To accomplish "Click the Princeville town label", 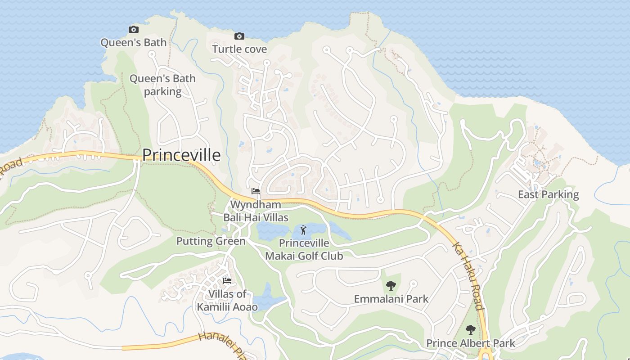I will click(181, 155).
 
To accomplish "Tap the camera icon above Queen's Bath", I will click(134, 30).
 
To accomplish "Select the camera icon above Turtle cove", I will click(239, 36).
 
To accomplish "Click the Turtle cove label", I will click(239, 49).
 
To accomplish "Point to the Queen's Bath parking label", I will click(162, 85).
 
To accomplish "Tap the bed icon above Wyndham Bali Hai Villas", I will click(256, 191).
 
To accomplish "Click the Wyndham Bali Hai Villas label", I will click(256, 211).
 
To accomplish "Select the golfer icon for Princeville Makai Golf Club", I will click(304, 230).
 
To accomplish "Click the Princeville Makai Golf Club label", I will click(304, 250).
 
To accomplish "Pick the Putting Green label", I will click(211, 241).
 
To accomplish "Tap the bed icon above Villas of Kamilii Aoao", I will click(227, 281).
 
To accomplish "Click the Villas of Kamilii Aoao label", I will click(227, 301).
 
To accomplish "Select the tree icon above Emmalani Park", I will click(391, 285).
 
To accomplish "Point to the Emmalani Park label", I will click(391, 299).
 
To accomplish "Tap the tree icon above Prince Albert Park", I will click(470, 330).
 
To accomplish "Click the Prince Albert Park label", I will click(470, 343).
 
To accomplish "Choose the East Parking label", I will click(548, 194).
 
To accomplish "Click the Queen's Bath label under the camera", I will click(133, 43).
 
